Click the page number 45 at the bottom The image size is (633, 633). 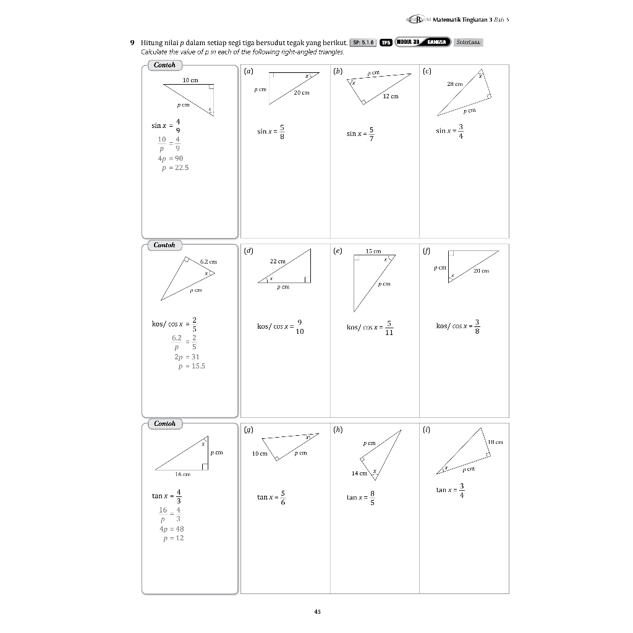point(317,612)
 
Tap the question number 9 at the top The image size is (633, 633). point(132,43)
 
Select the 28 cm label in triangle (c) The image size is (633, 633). point(454,84)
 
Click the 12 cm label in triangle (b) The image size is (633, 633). point(391,96)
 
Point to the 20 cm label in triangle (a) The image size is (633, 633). point(302,93)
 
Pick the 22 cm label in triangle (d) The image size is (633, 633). point(278,261)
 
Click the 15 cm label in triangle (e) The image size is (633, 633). point(373,251)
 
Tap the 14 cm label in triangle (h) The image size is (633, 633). point(359,473)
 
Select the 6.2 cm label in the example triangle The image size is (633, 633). point(208,262)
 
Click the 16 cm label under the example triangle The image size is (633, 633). point(182,474)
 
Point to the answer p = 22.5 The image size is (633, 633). point(174,168)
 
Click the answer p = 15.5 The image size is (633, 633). point(191,366)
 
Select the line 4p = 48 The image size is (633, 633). point(171,529)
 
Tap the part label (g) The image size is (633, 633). point(248,428)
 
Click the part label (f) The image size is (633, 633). point(427,250)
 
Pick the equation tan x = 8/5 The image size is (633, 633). point(360,497)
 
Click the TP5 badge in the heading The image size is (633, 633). point(386,43)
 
